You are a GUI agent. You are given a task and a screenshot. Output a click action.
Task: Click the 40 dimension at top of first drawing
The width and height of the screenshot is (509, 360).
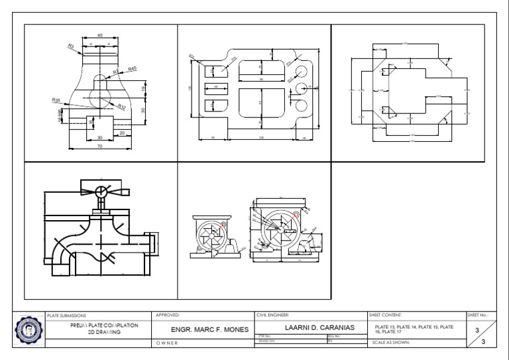click(100, 35)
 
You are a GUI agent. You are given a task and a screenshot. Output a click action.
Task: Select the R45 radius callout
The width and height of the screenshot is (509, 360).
click(132, 68)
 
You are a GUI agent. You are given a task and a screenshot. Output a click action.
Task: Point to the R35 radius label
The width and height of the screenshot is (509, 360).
click(56, 99)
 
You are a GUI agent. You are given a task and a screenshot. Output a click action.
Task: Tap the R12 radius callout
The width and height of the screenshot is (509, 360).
click(121, 106)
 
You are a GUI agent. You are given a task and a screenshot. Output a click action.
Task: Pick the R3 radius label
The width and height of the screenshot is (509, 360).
click(71, 45)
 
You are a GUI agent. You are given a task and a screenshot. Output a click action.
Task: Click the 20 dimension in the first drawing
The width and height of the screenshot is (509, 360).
click(122, 133)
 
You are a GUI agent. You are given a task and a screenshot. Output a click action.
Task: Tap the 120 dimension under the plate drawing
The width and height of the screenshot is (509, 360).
click(260, 138)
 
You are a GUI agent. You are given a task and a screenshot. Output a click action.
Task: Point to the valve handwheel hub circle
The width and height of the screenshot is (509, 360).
click(100, 192)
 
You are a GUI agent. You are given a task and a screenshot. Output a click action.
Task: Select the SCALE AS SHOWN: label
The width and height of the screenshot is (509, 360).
click(392, 343)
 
